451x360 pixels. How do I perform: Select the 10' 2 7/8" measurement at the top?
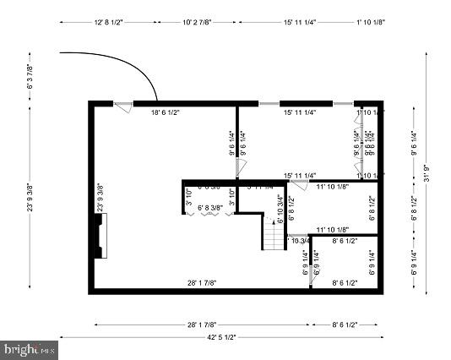(x=199, y=23)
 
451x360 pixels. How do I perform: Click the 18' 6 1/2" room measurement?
(x=166, y=112)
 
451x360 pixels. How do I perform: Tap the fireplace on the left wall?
(x=101, y=235)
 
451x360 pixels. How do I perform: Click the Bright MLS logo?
(x=30, y=348)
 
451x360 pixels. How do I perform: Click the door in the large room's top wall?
(x=123, y=107)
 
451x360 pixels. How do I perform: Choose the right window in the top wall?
(x=344, y=103)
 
